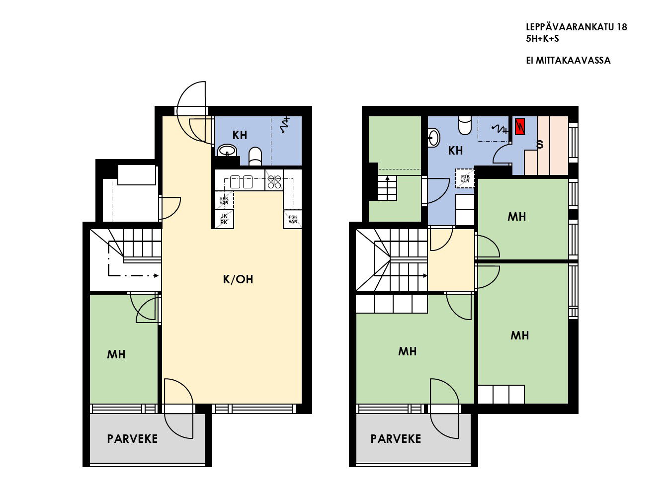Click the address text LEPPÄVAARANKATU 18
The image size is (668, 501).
point(577,27)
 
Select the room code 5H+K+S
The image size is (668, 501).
point(542,39)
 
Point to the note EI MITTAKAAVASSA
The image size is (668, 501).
point(568,60)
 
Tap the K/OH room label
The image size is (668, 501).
point(238,279)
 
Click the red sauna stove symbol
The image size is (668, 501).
point(520,127)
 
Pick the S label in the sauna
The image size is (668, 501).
point(540,145)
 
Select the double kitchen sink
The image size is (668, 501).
point(241,182)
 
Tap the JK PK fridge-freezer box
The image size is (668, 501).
point(224,219)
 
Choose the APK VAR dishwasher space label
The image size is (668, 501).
point(224,201)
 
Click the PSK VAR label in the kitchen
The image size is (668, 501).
point(293,219)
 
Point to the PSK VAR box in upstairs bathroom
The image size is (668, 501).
point(465,178)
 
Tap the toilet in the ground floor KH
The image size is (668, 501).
point(255,157)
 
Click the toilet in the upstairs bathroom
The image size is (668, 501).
point(464,125)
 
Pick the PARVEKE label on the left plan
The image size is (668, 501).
point(132,439)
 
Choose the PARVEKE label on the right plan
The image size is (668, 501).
point(396,439)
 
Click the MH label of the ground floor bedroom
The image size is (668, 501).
point(116,354)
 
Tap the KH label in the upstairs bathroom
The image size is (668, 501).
point(455,151)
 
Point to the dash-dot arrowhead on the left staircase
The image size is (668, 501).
point(156,275)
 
